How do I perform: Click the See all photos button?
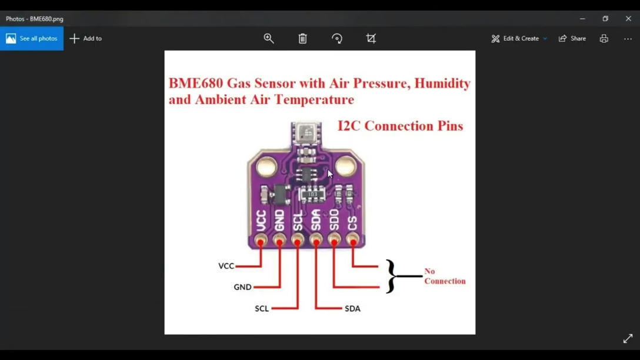point(32,38)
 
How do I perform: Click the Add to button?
point(86,38)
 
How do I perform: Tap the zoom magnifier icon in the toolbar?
point(269,38)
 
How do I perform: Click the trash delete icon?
point(302,38)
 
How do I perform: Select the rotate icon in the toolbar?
point(337,38)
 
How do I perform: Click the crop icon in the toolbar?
point(371,38)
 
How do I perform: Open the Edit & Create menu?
point(519,38)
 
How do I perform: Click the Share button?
point(572,38)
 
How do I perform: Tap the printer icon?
point(604,38)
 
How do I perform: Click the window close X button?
point(628,18)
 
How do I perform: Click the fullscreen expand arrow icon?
point(628,339)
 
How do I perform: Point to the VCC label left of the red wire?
point(226,266)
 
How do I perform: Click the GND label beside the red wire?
point(242,287)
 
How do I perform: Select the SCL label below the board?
point(262,308)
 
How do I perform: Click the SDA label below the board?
point(352,308)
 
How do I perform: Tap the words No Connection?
point(444,276)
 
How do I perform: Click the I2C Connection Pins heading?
point(400,126)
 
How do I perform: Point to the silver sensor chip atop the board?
point(306,132)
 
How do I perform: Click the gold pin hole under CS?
point(352,239)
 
